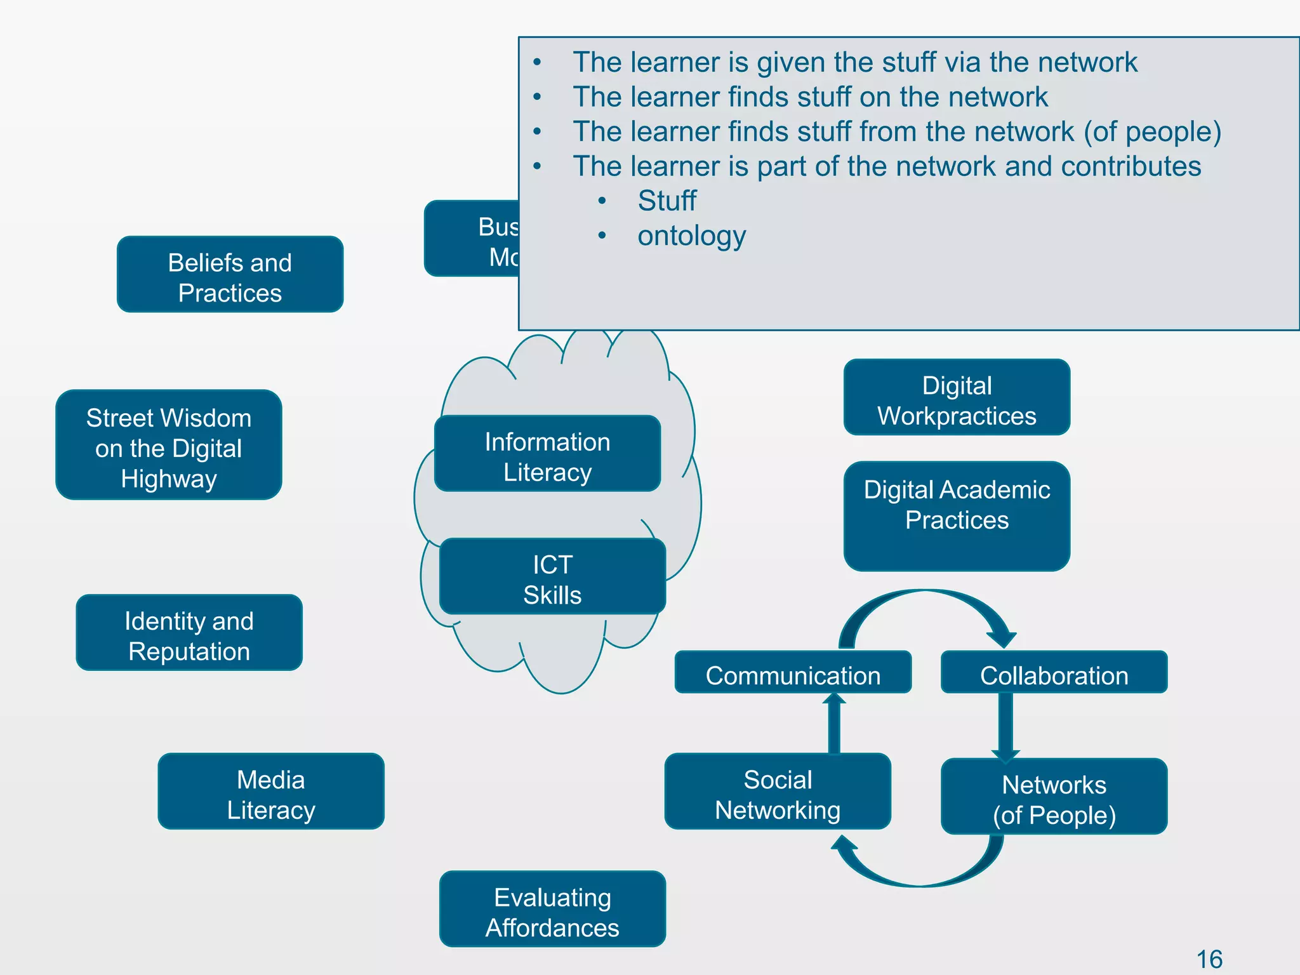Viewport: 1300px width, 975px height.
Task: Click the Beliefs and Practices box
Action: coord(230,274)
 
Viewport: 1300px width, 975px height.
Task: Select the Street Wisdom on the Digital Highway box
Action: coord(169,445)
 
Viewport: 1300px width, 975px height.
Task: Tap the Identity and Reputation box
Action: coord(189,633)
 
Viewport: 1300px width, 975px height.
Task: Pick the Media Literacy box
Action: coord(271,792)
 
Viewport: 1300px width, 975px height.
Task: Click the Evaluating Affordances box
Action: coord(552,909)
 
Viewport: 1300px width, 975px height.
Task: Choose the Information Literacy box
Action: coord(547,454)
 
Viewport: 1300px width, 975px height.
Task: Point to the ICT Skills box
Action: coord(552,576)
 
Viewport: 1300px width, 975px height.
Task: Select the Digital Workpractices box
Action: coord(957,397)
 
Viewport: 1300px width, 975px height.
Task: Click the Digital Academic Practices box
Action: coord(957,516)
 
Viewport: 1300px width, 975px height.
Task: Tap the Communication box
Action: coord(793,672)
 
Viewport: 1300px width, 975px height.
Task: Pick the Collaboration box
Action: coord(1054,672)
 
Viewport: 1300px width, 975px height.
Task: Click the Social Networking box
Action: coord(778,792)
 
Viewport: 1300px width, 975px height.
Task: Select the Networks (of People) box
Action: coord(1054,797)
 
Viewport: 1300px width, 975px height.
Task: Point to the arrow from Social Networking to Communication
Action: coord(834,724)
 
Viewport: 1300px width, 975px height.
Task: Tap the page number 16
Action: coord(1209,959)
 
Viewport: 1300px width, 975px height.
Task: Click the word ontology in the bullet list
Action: coord(691,236)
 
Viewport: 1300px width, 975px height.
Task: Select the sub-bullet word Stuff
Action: coord(667,201)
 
